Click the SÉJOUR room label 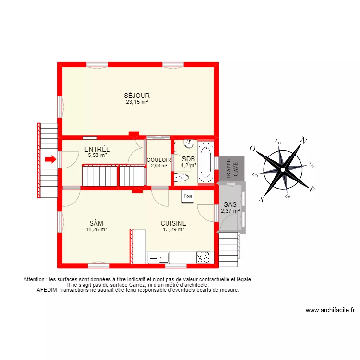[x=137, y=96]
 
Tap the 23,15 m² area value [x=137, y=102]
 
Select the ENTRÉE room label [x=97, y=149]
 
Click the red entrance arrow [x=49, y=160]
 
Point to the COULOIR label [x=159, y=160]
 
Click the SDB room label [x=188, y=159]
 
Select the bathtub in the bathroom [x=206, y=162]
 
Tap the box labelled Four [x=188, y=196]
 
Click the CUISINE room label [x=173, y=223]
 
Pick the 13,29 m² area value [x=173, y=229]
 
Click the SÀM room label [x=96, y=223]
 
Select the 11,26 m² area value [x=96, y=229]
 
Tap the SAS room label [x=230, y=204]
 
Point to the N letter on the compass [x=303, y=140]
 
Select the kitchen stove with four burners [x=203, y=257]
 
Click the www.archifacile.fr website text [x=329, y=310]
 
